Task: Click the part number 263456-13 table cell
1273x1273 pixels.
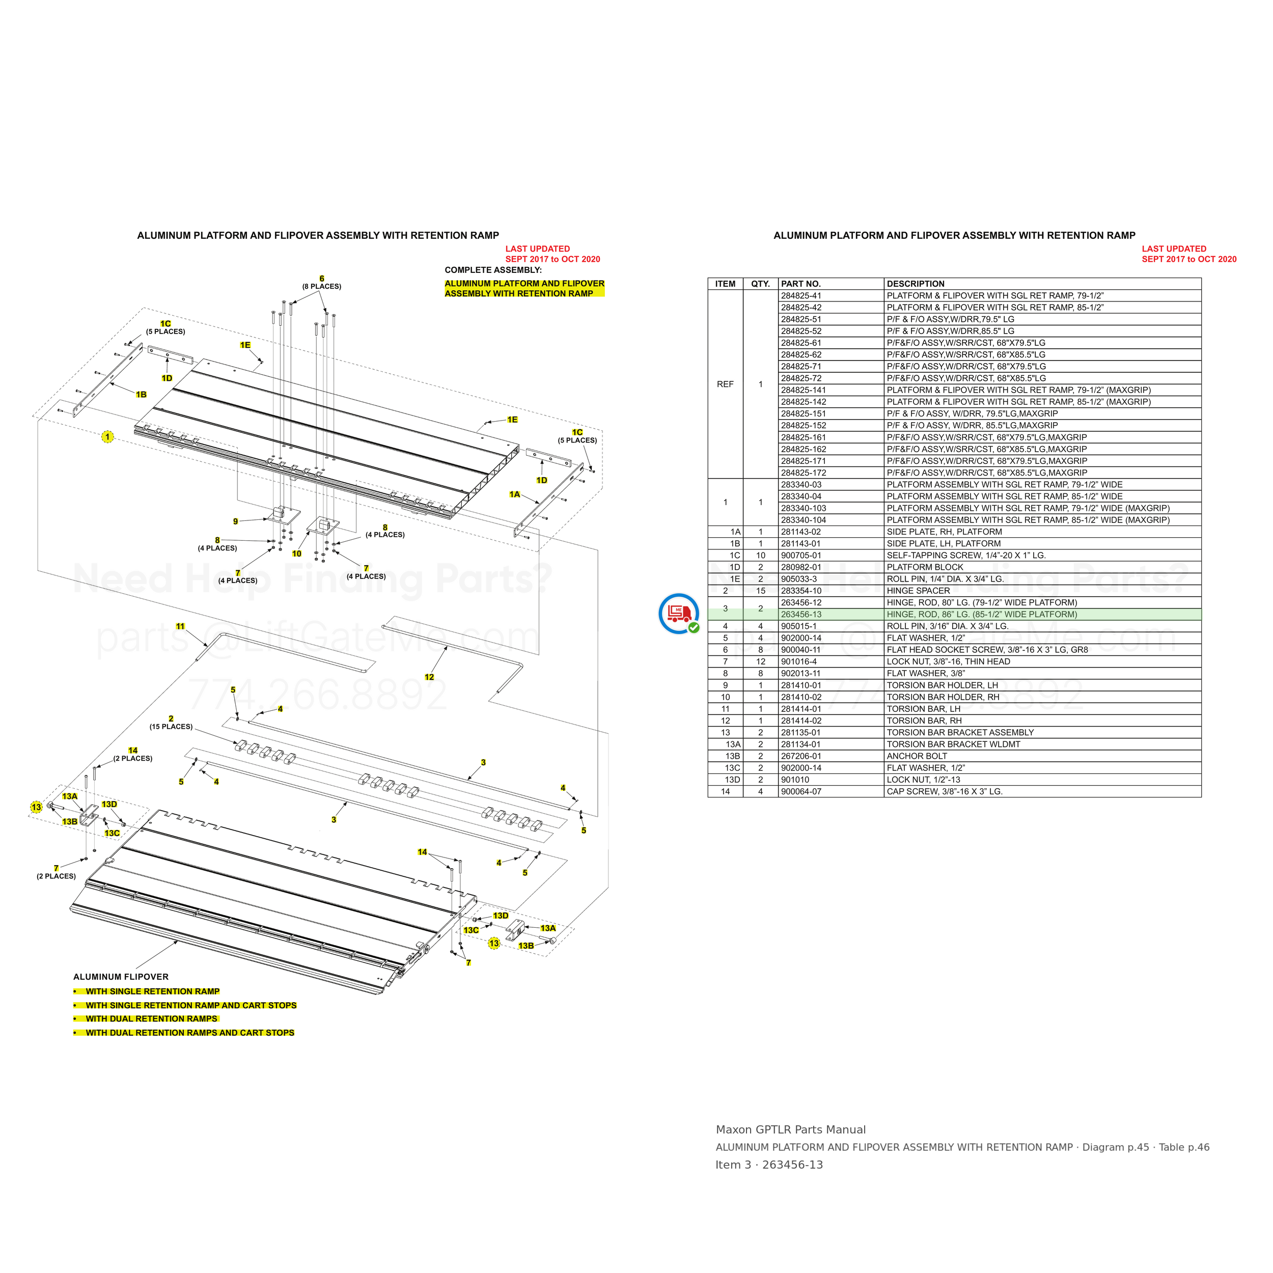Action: pos(800,614)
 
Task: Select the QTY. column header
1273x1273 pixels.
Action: pos(760,284)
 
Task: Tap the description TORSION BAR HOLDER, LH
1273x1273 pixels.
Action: pos(942,685)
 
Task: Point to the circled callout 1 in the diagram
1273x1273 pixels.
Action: pos(107,436)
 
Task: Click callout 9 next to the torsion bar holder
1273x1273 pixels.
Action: pos(235,521)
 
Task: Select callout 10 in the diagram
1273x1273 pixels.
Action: pos(296,554)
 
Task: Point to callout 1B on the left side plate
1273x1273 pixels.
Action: pos(141,394)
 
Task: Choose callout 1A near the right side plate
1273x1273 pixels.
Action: pos(515,494)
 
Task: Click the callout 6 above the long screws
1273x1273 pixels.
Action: pos(321,279)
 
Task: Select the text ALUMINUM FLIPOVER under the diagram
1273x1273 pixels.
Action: pos(121,977)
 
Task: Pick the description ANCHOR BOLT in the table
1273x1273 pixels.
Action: pos(917,756)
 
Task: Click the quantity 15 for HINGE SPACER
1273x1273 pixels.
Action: pos(760,590)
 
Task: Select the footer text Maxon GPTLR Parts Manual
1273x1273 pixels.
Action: pos(791,1129)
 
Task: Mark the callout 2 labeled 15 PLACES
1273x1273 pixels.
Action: pos(171,719)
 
